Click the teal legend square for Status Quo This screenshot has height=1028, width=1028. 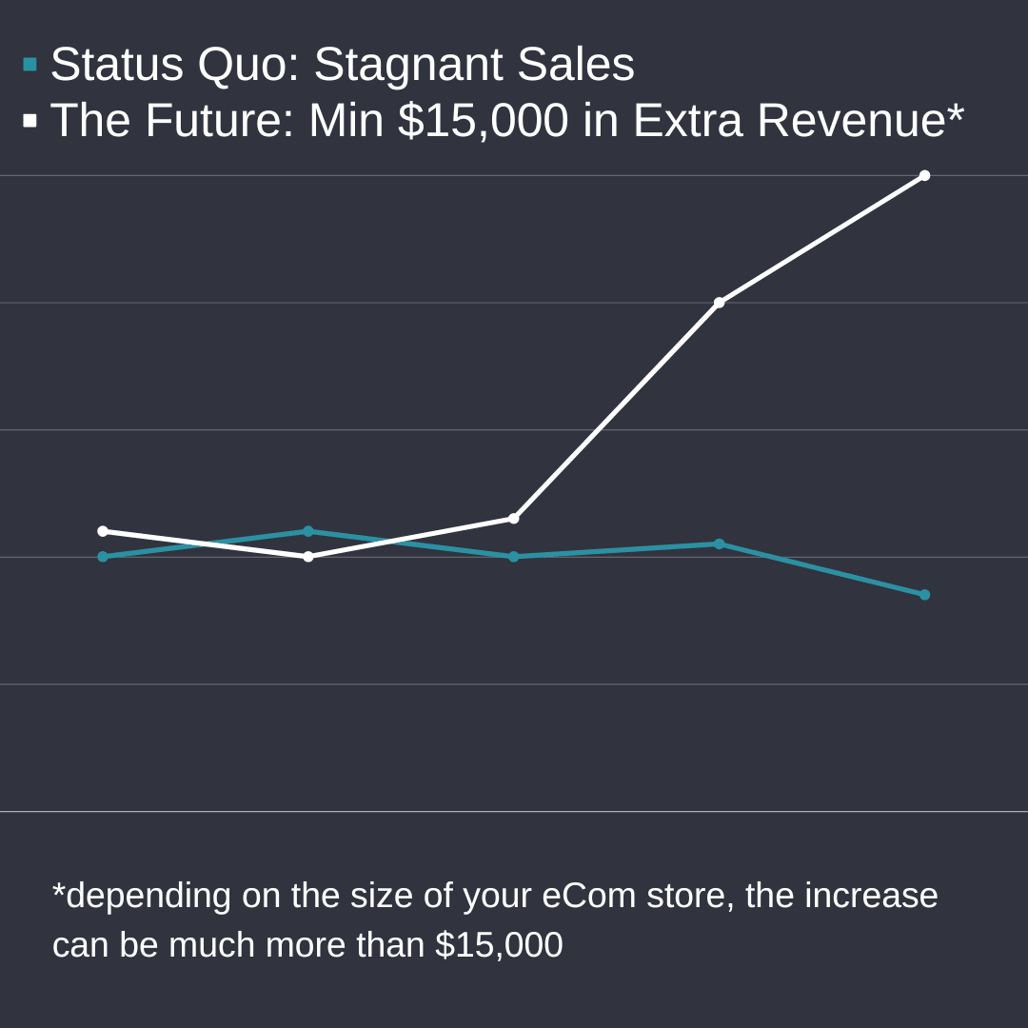[30, 65]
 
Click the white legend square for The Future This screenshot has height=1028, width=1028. [30, 121]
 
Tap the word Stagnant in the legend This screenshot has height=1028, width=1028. [408, 65]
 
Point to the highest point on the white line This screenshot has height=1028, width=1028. [924, 176]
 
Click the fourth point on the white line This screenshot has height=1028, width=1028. [719, 303]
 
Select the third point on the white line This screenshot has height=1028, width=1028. [514, 519]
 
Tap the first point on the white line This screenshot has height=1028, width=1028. [103, 531]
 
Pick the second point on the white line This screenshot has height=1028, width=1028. [308, 557]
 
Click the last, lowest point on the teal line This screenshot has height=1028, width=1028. [924, 595]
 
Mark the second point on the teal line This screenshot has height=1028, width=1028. [308, 531]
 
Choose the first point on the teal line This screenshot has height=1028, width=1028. [103, 557]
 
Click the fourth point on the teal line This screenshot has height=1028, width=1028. [719, 544]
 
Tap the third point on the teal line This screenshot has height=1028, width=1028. [514, 557]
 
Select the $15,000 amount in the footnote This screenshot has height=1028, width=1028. [499, 945]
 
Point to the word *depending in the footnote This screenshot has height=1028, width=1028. [142, 897]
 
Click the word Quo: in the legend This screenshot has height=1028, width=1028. [247, 65]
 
